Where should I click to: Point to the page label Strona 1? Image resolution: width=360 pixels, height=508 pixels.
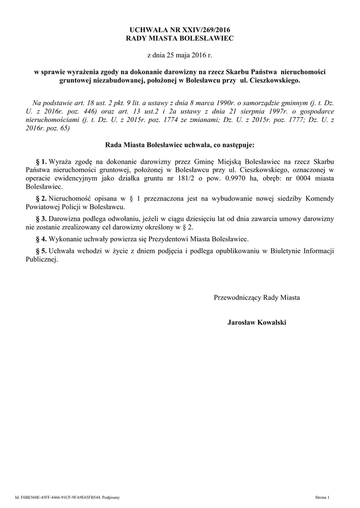pos(326,497)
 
